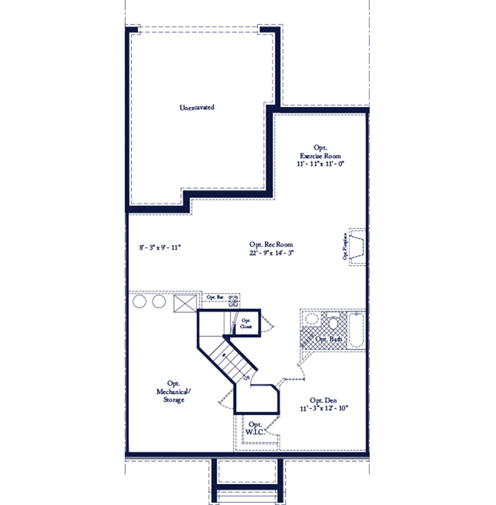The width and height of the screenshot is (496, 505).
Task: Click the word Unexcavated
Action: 196,107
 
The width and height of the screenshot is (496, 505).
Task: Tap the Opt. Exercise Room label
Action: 320,151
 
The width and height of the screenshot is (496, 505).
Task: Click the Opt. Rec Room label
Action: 270,244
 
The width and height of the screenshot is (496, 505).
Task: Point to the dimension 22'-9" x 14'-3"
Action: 270,253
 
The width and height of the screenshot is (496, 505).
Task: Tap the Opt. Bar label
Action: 215,298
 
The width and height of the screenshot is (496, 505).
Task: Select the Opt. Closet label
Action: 246,323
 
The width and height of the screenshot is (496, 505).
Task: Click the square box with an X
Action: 186,303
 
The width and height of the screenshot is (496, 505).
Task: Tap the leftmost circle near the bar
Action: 140,302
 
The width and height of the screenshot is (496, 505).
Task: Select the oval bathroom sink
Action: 312,319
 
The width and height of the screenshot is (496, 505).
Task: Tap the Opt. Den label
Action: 324,400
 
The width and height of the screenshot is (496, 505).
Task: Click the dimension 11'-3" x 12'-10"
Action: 324,409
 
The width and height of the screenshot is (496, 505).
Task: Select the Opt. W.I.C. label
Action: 256,429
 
